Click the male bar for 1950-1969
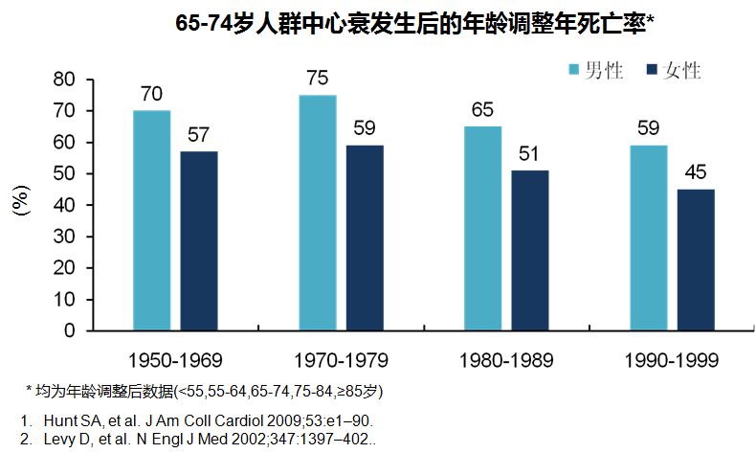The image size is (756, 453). [151, 220]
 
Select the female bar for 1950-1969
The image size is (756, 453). [199, 240]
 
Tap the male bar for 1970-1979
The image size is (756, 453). [317, 213]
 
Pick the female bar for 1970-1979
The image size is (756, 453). [365, 238]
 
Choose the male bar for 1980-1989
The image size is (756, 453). [482, 228]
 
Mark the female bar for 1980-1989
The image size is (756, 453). [530, 250]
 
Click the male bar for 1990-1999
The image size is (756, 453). [648, 238]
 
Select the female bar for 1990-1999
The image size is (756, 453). [696, 260]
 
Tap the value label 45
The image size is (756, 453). [696, 172]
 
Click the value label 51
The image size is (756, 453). [530, 154]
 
